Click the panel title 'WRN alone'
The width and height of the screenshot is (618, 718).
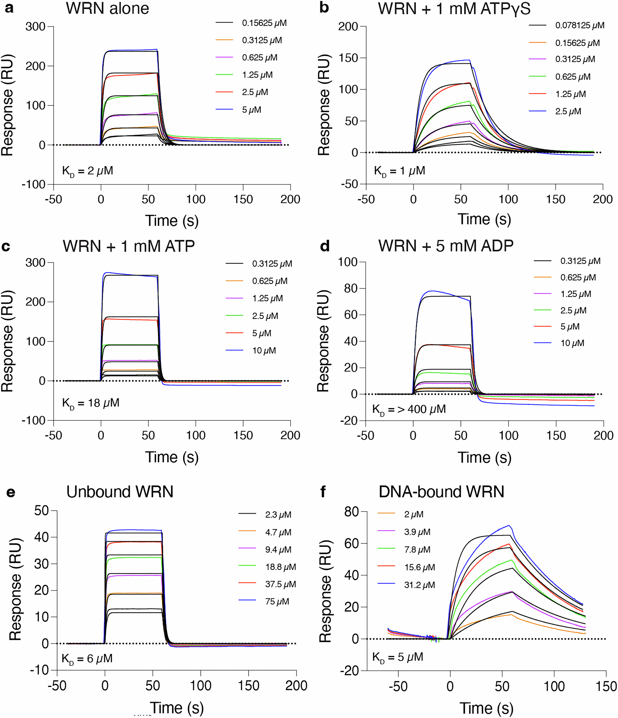click(x=108, y=8)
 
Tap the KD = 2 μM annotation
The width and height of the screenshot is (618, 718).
click(x=87, y=171)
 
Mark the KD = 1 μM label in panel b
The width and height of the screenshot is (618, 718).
click(x=399, y=171)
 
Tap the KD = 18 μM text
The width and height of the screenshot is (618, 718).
click(x=91, y=403)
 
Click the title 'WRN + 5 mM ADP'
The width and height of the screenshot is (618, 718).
click(x=445, y=246)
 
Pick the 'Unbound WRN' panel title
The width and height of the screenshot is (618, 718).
click(x=120, y=492)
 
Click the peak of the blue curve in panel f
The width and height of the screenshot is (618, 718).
click(x=509, y=526)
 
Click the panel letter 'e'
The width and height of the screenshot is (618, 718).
click(x=11, y=492)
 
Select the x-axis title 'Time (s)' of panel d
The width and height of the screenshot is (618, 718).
click(x=484, y=458)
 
